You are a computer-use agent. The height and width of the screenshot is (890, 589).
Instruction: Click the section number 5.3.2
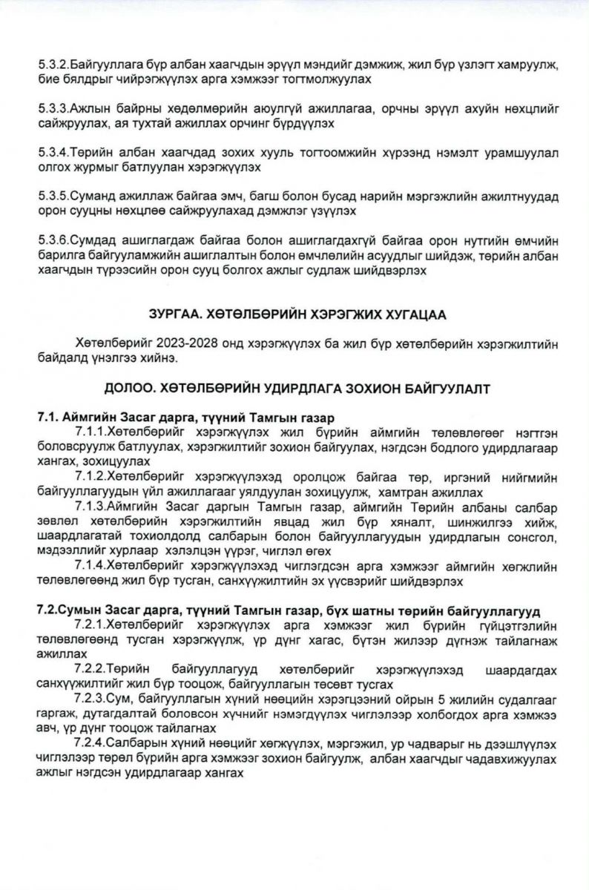coord(53,66)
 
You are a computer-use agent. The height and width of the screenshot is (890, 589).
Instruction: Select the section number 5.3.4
coord(53,154)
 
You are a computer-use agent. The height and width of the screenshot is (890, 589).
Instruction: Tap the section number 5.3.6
coord(53,241)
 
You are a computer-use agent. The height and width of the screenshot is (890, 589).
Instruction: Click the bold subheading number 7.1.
coord(47,418)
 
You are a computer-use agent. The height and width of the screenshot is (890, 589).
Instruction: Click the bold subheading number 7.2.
coord(49,610)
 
